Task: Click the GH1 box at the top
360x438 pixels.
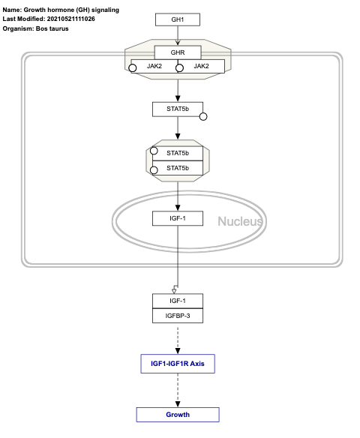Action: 177,19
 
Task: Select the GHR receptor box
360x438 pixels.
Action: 177,52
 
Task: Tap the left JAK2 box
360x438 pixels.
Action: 154,66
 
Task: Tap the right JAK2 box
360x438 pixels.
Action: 201,66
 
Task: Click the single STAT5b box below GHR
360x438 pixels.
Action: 177,109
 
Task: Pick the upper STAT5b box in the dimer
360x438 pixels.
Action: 177,153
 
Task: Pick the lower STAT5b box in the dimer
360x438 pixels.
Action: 177,167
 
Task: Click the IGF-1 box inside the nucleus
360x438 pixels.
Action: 177,218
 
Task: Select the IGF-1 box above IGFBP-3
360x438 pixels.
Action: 177,300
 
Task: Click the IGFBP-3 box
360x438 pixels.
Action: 177,315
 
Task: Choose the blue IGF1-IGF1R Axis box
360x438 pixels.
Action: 177,364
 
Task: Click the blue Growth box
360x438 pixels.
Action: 177,415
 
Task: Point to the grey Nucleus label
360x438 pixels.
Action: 240,221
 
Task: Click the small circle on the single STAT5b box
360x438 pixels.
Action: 202,117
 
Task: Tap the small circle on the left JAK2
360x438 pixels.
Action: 133,68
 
